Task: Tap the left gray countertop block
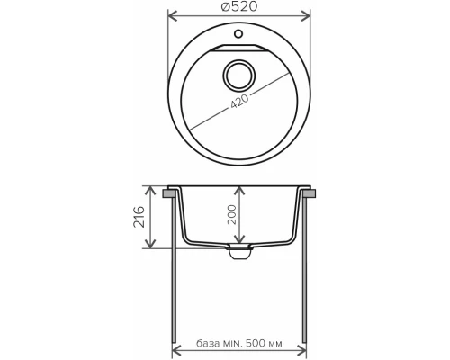click(x=170, y=193)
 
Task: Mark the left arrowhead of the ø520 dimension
click(x=173, y=14)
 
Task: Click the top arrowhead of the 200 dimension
click(x=238, y=190)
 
